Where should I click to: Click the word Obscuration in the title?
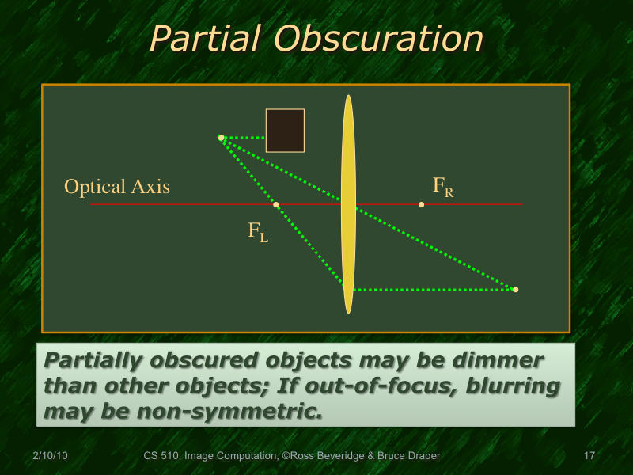coord(374,38)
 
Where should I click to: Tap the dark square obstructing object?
coord(285,131)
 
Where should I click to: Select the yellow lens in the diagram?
coord(348,204)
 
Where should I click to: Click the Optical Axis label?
coord(117,187)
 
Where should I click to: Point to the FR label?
coord(442,187)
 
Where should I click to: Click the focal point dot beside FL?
coord(276,205)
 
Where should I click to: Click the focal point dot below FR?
coord(421,205)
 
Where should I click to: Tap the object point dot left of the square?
coord(221,138)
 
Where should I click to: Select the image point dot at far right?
coord(515,290)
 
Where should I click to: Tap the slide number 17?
coord(588,456)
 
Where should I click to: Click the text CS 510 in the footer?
coord(161,456)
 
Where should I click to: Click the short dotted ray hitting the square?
coord(245,138)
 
